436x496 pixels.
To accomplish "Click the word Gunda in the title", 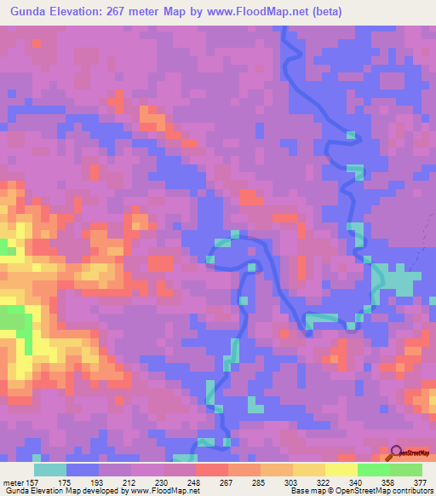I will point(32,11).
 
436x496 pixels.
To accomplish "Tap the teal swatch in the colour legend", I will point(50,470).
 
